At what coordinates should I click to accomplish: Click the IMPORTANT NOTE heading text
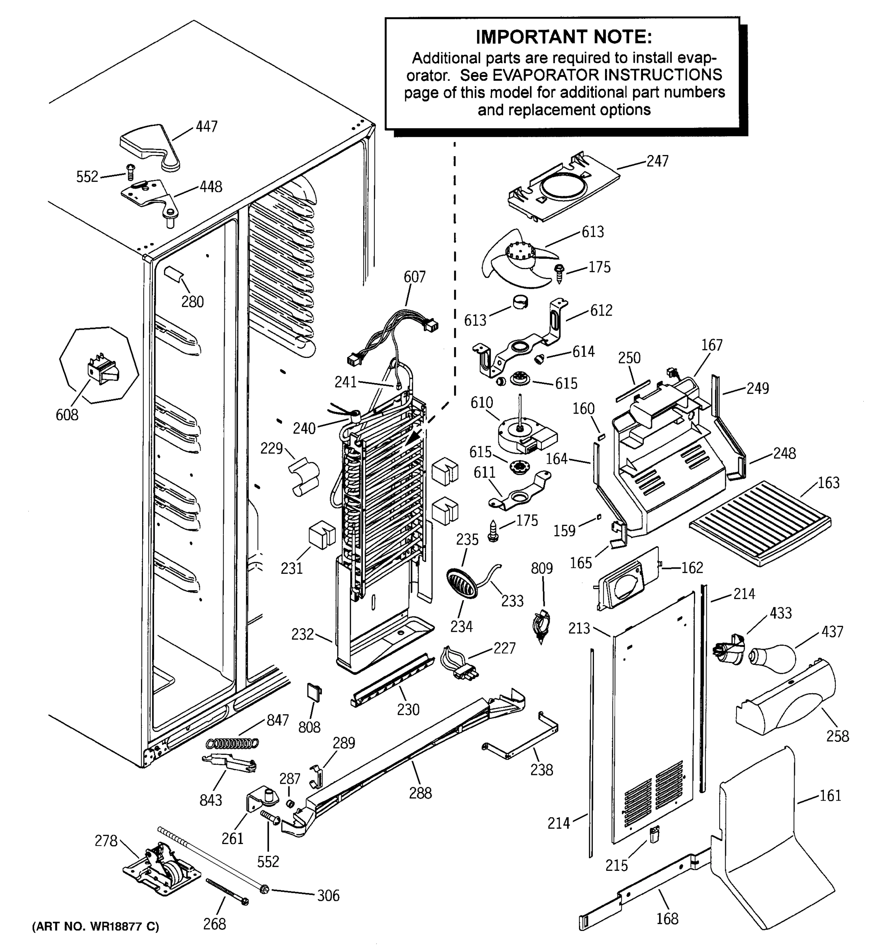[x=564, y=37]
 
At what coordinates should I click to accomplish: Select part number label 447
[x=207, y=126]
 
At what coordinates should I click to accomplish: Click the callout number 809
[x=542, y=568]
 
